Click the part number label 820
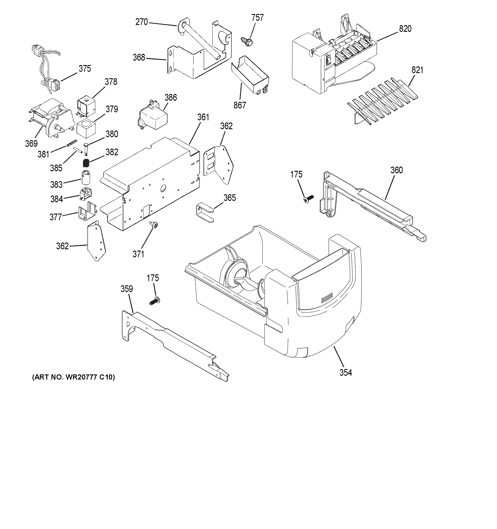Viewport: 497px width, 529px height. (405, 29)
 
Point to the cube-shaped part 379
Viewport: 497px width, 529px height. (86, 129)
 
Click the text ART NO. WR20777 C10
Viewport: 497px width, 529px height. (73, 377)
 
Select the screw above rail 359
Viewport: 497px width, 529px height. (154, 302)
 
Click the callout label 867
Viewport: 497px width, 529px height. (239, 105)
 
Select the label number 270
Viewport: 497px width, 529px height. (142, 22)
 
